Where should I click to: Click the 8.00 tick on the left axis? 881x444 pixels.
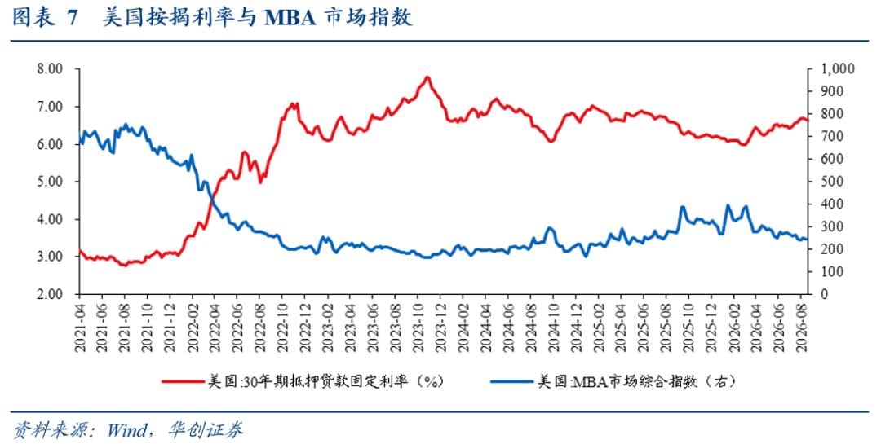51,69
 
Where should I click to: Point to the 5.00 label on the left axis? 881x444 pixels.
51,182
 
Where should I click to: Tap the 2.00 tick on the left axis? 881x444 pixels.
51,294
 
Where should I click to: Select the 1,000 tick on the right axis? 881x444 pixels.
838,69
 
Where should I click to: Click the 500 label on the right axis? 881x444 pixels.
832,182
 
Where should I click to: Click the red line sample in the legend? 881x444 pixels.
183,382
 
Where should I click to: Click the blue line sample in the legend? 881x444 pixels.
511,382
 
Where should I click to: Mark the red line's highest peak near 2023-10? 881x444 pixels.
427,77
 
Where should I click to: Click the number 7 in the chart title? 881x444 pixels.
73,17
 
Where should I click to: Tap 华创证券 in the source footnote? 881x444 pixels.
206,430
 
